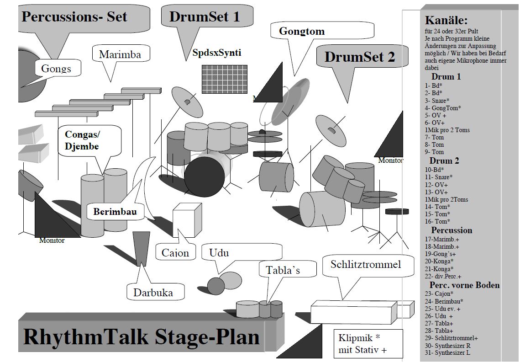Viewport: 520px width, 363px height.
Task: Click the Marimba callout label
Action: coord(120,55)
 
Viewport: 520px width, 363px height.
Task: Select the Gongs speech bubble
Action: coord(57,69)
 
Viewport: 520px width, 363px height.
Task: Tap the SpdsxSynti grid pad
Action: coord(225,79)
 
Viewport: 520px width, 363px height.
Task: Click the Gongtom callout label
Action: coord(302,31)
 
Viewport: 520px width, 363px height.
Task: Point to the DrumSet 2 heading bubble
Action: coord(359,57)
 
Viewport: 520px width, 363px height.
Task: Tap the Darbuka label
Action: coord(153,293)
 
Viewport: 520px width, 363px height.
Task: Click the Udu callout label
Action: coord(219,253)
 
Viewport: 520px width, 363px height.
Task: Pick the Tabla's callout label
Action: coord(283,270)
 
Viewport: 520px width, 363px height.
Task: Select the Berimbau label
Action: coord(115,212)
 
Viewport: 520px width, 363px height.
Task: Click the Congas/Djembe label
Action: coord(83,140)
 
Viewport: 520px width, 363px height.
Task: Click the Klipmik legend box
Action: coord(368,344)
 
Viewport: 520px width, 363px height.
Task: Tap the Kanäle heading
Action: coord(446,20)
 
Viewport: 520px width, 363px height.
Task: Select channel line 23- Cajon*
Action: coord(439,294)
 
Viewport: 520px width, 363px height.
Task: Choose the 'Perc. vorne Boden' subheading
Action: coord(464,285)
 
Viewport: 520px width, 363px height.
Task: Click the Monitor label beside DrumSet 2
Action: coord(390,160)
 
